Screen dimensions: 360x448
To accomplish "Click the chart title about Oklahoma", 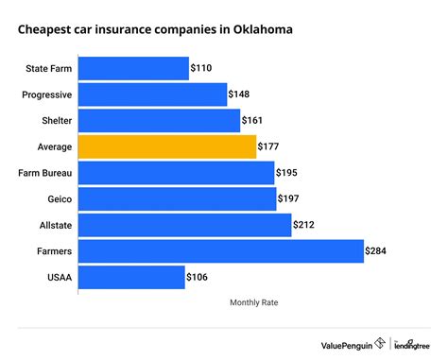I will (155, 29).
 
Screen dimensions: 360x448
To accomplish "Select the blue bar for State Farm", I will (133, 69).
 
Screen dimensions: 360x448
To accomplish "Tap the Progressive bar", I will (152, 94).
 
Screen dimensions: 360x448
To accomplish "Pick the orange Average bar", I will (166, 146).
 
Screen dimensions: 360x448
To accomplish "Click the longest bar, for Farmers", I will (220, 250).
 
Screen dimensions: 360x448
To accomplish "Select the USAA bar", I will (131, 277).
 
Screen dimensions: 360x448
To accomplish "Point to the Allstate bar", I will (184, 225).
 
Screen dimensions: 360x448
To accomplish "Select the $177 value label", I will (270, 146).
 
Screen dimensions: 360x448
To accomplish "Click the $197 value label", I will (290, 198).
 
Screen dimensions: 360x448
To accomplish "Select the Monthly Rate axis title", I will (253, 302).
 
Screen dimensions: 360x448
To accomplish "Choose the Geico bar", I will (177, 198).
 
